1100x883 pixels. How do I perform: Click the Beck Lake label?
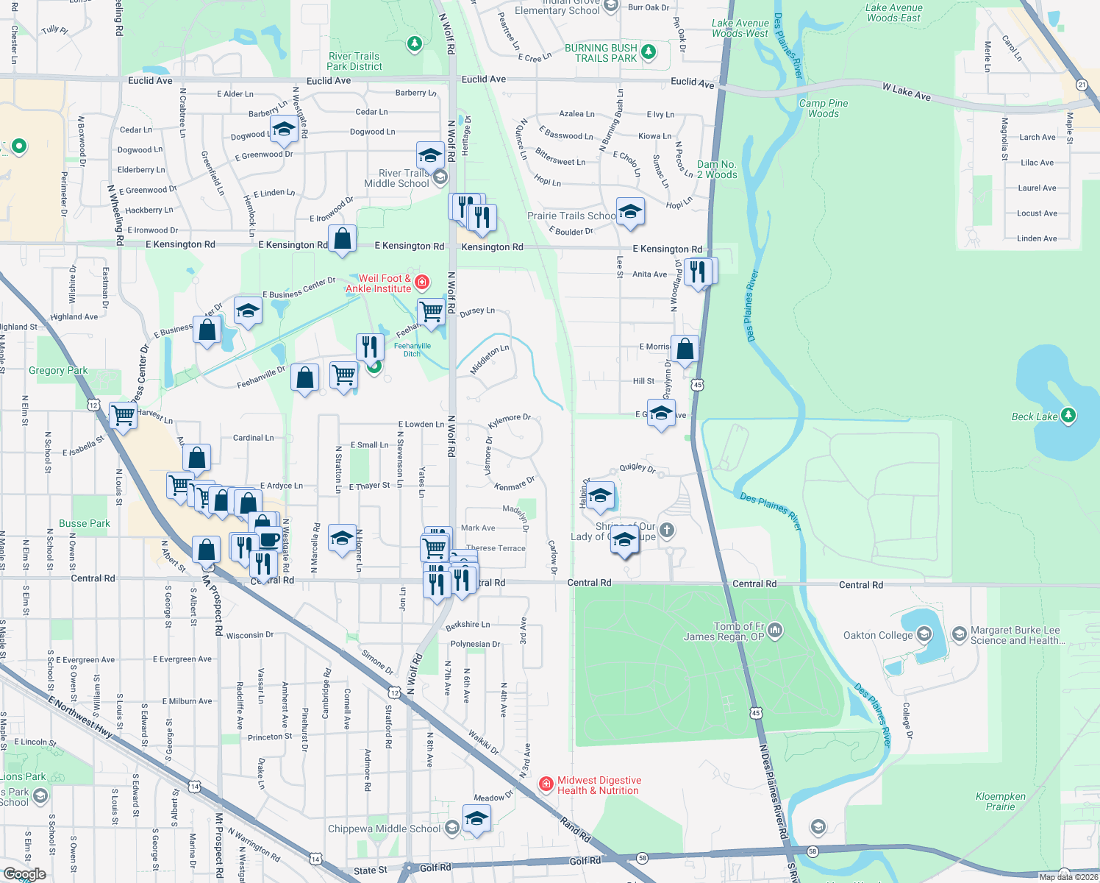[x=1034, y=416]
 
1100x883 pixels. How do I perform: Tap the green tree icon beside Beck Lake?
[x=1068, y=416]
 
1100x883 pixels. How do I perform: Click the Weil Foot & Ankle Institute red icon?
[x=422, y=282]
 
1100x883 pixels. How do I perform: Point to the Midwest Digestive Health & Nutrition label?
[x=599, y=785]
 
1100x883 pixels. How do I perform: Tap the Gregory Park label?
[x=58, y=370]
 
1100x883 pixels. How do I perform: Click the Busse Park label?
[x=85, y=523]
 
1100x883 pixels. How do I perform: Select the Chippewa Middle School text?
[x=384, y=829]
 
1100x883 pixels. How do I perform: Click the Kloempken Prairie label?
[x=1000, y=801]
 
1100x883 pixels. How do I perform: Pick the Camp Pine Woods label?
[x=824, y=108]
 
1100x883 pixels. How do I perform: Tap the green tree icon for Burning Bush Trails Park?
[x=649, y=52]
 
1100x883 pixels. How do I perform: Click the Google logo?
[x=24, y=874]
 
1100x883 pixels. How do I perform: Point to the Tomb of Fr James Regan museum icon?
[x=775, y=631]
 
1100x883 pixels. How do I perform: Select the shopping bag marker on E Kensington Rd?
[x=342, y=238]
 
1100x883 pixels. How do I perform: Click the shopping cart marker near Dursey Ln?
[x=432, y=311]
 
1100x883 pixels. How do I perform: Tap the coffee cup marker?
[x=269, y=539]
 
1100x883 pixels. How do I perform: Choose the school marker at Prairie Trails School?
[x=630, y=211]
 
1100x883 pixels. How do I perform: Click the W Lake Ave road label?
[x=907, y=92]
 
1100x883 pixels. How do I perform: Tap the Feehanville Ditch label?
[x=412, y=350]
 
